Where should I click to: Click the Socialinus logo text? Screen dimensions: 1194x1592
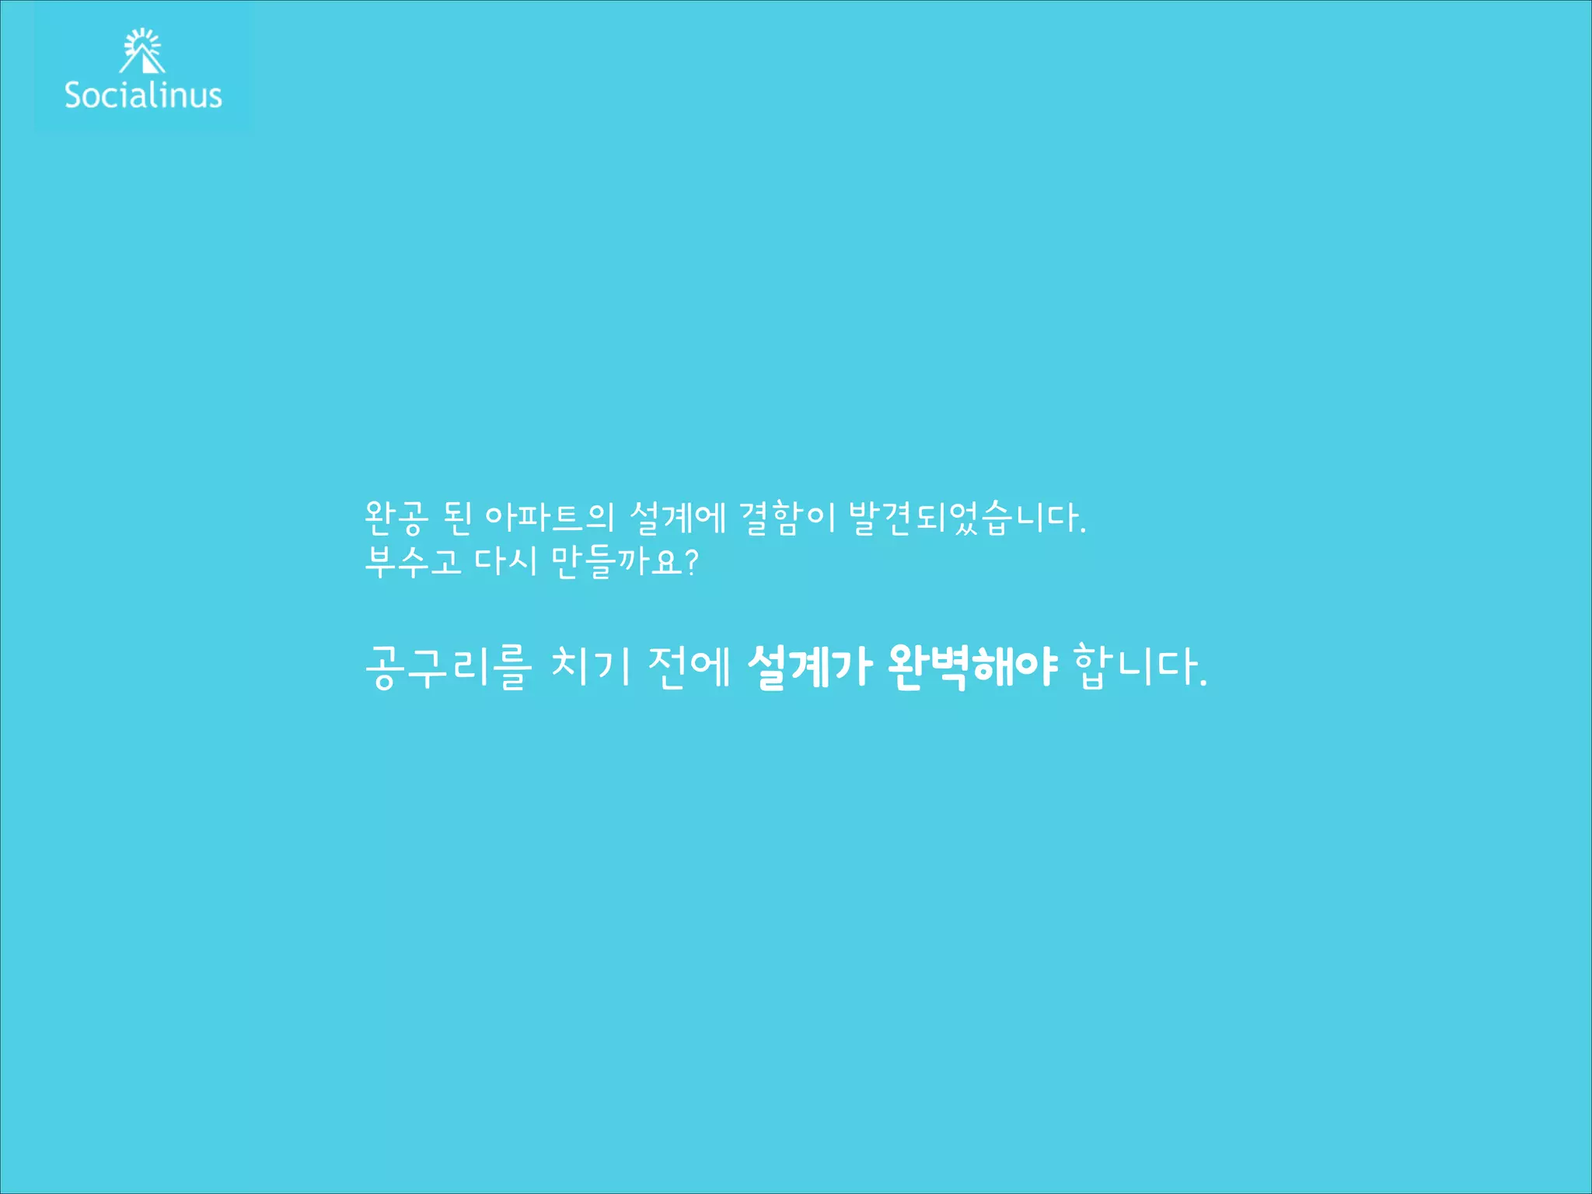click(143, 95)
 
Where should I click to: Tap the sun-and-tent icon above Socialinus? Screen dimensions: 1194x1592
click(143, 51)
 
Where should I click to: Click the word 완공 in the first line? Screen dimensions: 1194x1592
click(396, 518)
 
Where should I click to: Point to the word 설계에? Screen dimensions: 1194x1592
click(678, 518)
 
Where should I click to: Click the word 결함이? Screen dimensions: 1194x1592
click(787, 518)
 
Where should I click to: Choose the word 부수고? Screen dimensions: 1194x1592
click(413, 561)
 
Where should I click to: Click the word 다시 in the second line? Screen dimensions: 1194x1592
click(506, 561)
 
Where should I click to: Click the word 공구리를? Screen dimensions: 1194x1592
click(449, 667)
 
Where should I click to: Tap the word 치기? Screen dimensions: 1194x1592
click(590, 667)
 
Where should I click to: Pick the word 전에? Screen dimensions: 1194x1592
click(690, 667)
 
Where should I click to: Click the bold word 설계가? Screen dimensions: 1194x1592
click(809, 667)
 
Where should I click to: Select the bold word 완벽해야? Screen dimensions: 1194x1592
click(972, 667)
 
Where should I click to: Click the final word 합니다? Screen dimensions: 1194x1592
click(1136, 667)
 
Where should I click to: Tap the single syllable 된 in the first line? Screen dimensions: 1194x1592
click(457, 518)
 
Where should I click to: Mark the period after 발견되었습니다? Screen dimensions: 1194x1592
click(1083, 532)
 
